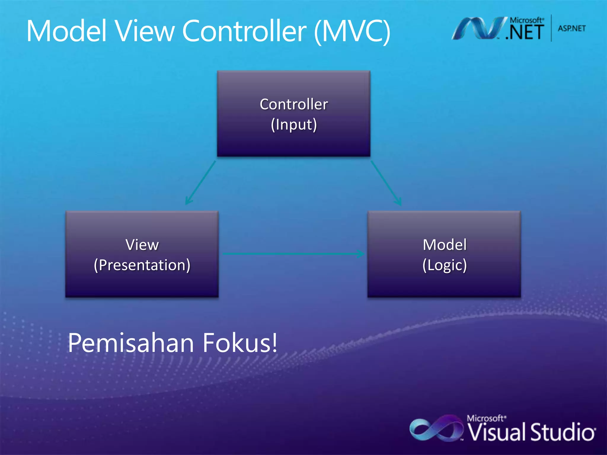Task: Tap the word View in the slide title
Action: tap(145, 31)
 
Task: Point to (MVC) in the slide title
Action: tap(352, 31)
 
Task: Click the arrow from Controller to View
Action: tap(200, 183)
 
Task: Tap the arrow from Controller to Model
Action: tap(386, 183)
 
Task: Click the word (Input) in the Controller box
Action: tap(294, 125)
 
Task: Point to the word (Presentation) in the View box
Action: tap(142, 265)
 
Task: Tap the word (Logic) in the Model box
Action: tap(445, 265)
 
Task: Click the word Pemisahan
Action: tap(131, 343)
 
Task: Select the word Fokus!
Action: tap(240, 343)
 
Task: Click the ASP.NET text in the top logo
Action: tap(571, 28)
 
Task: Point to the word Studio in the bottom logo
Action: tap(562, 432)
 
